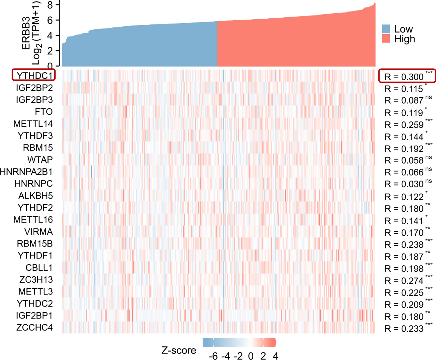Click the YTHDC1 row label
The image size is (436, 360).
point(34,76)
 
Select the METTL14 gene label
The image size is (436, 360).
point(33,124)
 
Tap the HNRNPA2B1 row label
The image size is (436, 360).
point(26,172)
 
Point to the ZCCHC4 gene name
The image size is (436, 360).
point(34,327)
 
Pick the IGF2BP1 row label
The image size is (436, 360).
point(34,315)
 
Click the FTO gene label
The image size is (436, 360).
point(44,112)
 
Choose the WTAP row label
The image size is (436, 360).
point(40,160)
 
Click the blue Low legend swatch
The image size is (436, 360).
point(386,29)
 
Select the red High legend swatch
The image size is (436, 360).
point(386,39)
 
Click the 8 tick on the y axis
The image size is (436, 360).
point(50,5)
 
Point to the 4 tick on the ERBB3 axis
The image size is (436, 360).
point(50,36)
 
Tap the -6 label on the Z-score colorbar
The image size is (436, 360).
point(213,356)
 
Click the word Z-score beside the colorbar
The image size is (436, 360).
point(179,350)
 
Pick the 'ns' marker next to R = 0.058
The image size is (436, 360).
point(428,157)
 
